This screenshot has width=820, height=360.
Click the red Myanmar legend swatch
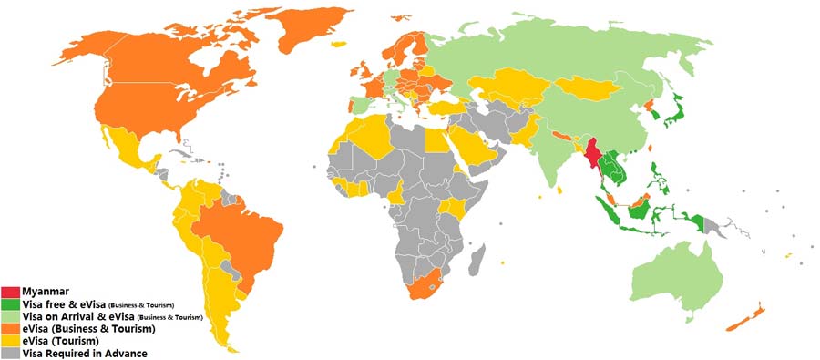coord(12,291)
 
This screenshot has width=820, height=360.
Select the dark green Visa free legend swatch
coord(12,303)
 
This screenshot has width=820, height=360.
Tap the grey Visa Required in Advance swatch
coord(12,354)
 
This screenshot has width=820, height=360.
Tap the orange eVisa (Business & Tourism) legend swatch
coord(12,328)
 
